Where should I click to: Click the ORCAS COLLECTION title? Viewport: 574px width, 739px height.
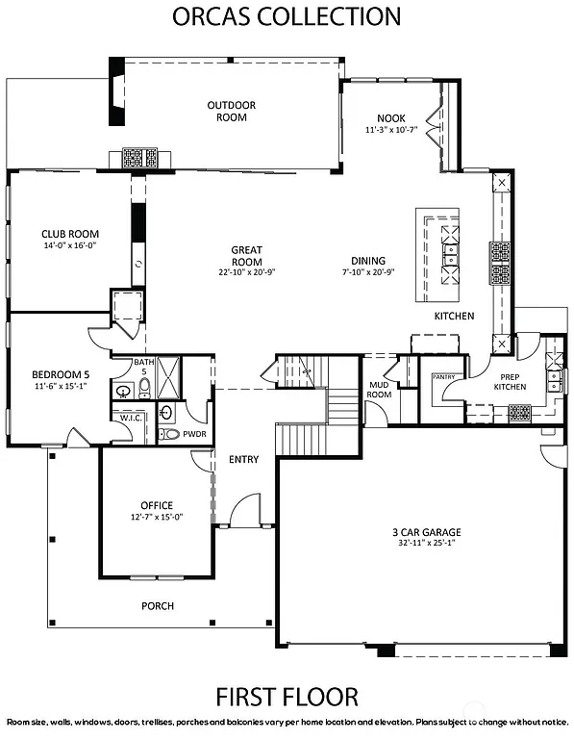(287, 16)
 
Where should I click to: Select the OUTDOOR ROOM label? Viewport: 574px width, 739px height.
(227, 112)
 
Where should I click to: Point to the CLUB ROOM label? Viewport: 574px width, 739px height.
(70, 234)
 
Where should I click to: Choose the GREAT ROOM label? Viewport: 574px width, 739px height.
(246, 256)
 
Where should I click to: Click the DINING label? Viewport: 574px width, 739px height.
(368, 261)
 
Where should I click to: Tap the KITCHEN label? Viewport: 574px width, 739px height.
(454, 317)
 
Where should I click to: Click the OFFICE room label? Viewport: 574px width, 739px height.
(157, 505)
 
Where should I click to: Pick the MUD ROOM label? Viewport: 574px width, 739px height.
(380, 390)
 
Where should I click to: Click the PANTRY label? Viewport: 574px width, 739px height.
(443, 378)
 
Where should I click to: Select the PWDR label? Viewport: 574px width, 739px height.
(195, 434)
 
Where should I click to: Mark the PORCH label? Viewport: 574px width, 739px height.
(157, 605)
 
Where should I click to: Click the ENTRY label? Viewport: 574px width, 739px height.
(243, 460)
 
